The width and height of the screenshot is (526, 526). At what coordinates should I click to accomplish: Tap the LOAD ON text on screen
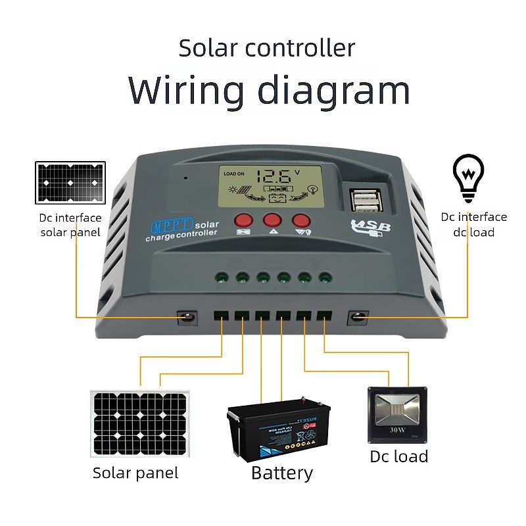coord(233,174)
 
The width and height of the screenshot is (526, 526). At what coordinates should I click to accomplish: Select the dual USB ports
coord(364,199)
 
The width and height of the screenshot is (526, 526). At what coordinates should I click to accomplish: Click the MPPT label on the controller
coord(173,226)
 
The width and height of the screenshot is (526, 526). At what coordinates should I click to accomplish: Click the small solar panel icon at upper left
coord(70,182)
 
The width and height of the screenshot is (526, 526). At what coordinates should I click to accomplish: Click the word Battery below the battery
coord(282,473)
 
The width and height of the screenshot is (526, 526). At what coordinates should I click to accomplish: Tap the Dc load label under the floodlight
coord(398,456)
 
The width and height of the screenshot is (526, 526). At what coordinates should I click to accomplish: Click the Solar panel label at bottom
coord(135,473)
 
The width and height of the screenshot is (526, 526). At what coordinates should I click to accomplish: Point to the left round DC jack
coord(188,318)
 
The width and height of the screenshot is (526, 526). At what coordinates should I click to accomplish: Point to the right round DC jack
coord(357,318)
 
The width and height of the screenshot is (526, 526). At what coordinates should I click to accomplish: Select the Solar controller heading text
coord(267,48)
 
